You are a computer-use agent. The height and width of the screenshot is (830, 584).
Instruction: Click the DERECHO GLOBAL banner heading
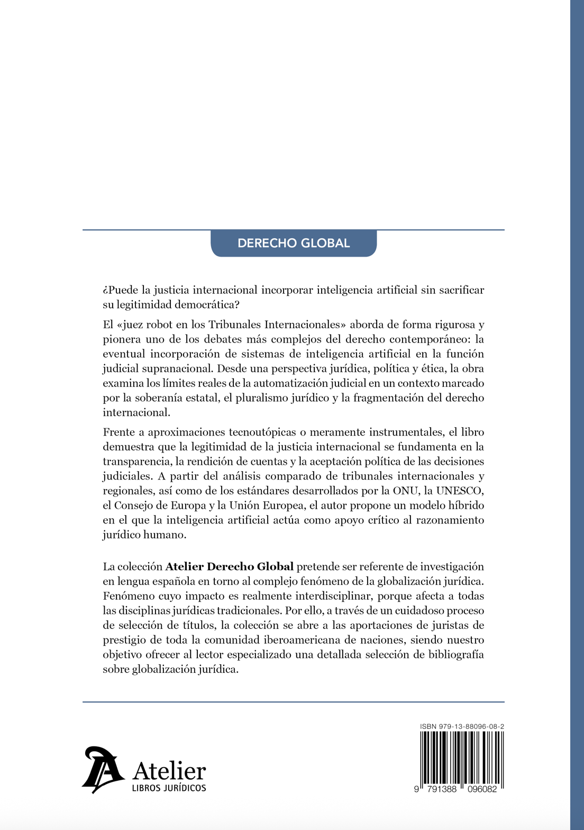tap(294, 243)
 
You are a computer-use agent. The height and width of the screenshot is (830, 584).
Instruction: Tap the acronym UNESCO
tap(460, 491)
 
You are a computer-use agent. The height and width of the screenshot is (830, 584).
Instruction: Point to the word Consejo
tap(133, 506)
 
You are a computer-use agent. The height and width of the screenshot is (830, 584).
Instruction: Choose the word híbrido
tap(465, 506)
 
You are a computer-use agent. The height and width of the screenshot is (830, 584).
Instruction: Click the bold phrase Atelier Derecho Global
tap(230, 567)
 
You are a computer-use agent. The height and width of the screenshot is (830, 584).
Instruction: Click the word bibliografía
tap(456, 655)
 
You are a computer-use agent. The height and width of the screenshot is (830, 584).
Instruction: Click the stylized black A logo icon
tap(103, 770)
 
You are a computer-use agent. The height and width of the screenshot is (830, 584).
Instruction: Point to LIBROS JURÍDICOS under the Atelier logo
tap(169, 788)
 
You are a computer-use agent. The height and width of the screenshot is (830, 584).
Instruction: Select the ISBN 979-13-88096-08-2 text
tap(462, 727)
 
